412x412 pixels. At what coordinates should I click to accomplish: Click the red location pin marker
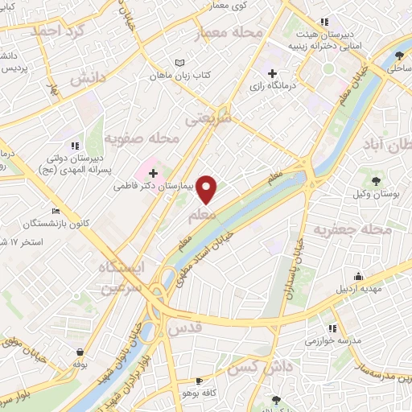pos(208,189)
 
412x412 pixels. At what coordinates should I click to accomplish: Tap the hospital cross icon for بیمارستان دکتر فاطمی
pos(153,173)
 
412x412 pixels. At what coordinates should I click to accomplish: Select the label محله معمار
pos(229,34)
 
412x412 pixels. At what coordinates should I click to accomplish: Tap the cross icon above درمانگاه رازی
pos(273,73)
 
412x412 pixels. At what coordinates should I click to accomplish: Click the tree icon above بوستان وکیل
pos(377,177)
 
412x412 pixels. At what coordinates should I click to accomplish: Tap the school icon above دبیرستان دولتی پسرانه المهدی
pos(74,146)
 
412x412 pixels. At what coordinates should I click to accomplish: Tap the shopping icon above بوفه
pos(80,352)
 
